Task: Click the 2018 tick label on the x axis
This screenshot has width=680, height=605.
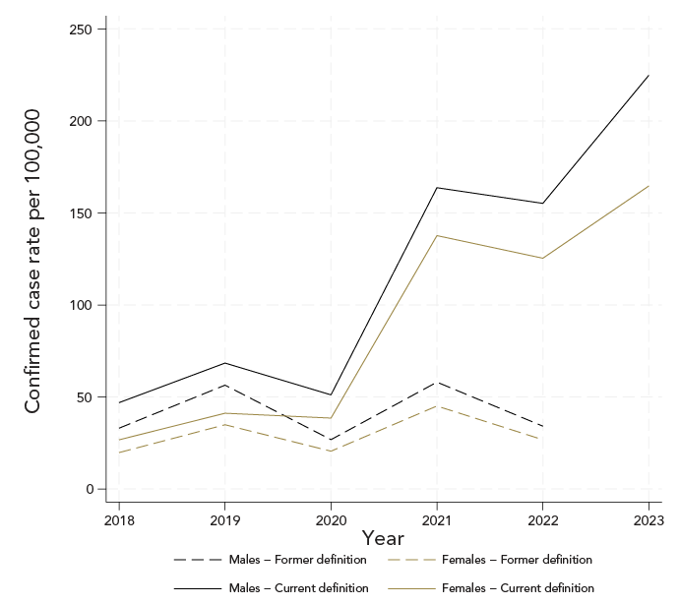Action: (x=118, y=518)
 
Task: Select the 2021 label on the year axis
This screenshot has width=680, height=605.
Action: (x=437, y=518)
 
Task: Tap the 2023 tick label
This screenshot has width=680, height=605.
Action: (x=649, y=518)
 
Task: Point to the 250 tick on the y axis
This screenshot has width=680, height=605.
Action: (x=80, y=30)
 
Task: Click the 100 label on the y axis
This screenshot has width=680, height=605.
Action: (x=80, y=305)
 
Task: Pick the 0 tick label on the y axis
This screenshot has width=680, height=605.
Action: (x=89, y=489)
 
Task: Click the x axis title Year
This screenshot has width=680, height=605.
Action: (x=383, y=538)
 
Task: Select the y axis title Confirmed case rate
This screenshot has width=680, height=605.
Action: (x=32, y=261)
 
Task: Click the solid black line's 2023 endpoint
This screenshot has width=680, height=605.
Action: (x=649, y=76)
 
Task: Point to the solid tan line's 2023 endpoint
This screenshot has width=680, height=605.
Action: (x=649, y=186)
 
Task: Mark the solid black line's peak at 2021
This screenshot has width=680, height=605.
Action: (x=437, y=188)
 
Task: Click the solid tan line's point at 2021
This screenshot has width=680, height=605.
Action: (x=437, y=235)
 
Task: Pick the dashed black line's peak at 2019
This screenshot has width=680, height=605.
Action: (x=224, y=385)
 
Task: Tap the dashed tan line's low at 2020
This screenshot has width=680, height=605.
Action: (x=331, y=452)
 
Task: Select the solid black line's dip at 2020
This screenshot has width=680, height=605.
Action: (x=331, y=394)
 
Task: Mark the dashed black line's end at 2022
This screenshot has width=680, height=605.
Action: (x=542, y=426)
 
